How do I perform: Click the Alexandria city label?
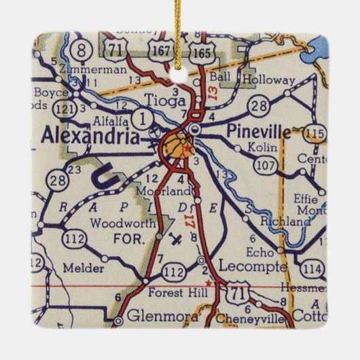click(90, 136)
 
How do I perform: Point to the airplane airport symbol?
click(175, 238)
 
